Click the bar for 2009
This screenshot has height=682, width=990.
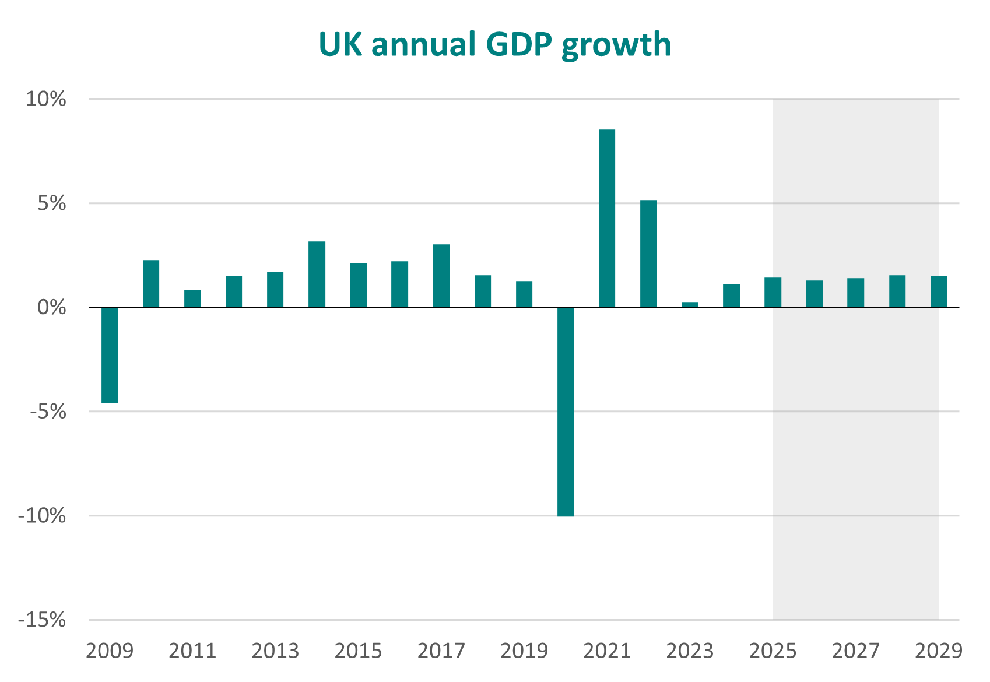[x=110, y=354]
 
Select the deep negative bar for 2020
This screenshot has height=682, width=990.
[x=565, y=411]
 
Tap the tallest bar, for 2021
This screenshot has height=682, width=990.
[x=607, y=218]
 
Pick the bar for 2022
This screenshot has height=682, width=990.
[x=648, y=254]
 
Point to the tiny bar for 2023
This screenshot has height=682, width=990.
[x=690, y=304]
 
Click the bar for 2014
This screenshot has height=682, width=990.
[x=317, y=274]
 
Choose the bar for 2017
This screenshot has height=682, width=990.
[x=441, y=276]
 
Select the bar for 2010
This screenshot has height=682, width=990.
[x=151, y=283]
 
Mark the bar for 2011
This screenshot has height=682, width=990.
[x=192, y=298]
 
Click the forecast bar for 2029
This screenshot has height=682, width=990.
[x=938, y=291]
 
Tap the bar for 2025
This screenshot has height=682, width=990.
[x=773, y=292]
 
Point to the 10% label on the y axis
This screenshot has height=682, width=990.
[x=45, y=99]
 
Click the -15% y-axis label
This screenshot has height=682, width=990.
[x=42, y=620]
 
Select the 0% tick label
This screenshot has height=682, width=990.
[x=51, y=307]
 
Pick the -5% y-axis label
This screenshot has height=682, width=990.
[x=45, y=412]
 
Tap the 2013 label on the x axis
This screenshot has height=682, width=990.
[x=275, y=651]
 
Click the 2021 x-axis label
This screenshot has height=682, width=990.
[x=607, y=651]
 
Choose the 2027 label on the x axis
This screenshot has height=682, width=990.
[x=855, y=651]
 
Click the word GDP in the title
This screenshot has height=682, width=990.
[x=518, y=45]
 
